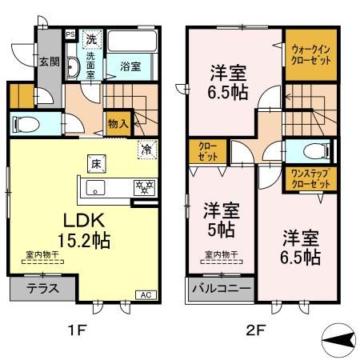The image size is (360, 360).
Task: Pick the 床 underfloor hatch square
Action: (94, 164)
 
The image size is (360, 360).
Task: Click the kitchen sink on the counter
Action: (95, 189)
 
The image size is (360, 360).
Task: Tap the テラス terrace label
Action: (42, 289)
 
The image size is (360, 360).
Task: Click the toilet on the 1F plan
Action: (28, 124)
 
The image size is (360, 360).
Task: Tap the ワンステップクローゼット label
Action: (309, 178)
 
